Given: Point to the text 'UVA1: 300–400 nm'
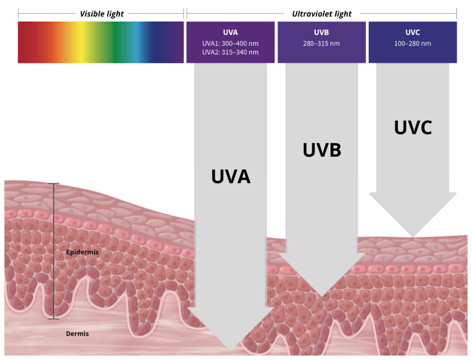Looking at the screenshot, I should coord(231,43).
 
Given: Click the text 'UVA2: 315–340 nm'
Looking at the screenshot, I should coord(231,52).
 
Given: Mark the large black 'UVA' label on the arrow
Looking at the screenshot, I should coord(230,175).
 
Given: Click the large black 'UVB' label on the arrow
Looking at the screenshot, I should coord(321,150).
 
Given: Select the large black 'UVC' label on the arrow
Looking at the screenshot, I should coord(413,127).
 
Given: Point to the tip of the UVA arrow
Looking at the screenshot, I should coord(231,350).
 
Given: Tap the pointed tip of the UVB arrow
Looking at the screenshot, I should coord(322,297).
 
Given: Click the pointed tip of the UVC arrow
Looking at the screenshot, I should coord(413,236).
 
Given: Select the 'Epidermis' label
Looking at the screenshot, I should coord(82,251).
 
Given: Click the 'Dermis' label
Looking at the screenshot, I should coord(77,333).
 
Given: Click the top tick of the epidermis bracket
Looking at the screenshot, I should coord(54,183).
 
